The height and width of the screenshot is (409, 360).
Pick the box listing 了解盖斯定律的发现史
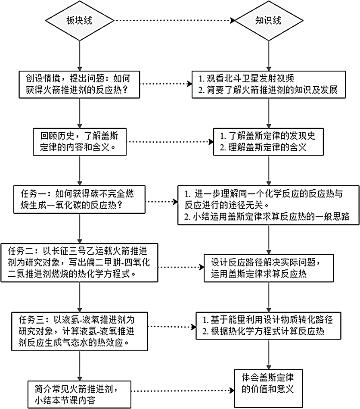tap(270, 141)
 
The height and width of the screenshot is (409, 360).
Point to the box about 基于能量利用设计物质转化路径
tap(270, 325)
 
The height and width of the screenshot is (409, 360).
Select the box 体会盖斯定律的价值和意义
tap(270, 384)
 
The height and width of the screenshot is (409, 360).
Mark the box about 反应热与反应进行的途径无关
tap(270, 204)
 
